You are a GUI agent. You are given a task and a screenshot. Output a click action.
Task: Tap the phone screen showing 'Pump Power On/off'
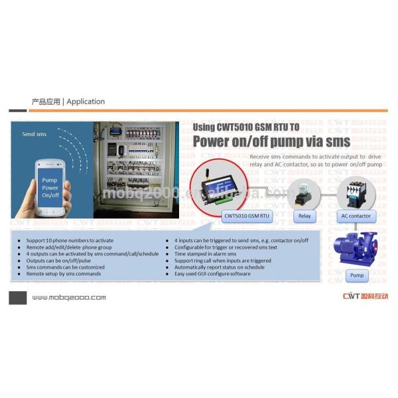click(50, 188)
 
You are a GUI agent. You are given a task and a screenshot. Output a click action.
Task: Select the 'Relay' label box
click(304, 216)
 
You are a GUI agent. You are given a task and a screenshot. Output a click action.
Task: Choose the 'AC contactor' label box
click(356, 216)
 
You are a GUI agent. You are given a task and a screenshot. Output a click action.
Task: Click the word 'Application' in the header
click(86, 101)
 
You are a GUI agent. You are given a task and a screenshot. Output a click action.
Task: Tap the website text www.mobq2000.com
click(68, 297)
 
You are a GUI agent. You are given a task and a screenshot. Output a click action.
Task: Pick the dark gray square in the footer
click(17, 297)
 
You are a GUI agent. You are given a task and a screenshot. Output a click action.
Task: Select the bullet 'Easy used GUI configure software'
click(212, 273)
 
